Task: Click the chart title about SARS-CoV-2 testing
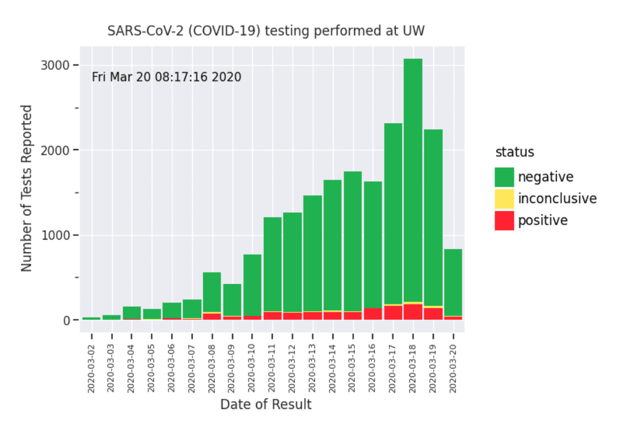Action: coord(266,31)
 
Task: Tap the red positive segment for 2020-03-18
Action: coord(413,312)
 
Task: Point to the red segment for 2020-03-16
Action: coord(373,314)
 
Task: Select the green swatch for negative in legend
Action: coord(504,177)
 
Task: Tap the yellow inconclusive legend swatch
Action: coord(504,199)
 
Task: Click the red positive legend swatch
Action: coord(504,220)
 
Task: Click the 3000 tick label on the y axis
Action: coord(56,65)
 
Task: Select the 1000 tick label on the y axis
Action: coord(56,235)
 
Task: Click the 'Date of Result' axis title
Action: coord(266,404)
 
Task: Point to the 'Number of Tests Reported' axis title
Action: coord(26,188)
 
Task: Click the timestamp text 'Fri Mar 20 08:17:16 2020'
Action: coord(166,77)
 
